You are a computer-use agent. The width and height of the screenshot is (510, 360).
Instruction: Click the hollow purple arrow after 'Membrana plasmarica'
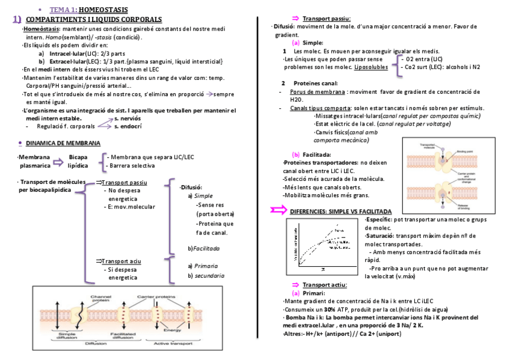point(58,162)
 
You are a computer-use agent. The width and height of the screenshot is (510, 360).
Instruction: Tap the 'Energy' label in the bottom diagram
point(172,330)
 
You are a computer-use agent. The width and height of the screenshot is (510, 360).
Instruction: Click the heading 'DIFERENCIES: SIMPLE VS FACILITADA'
point(340,212)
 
